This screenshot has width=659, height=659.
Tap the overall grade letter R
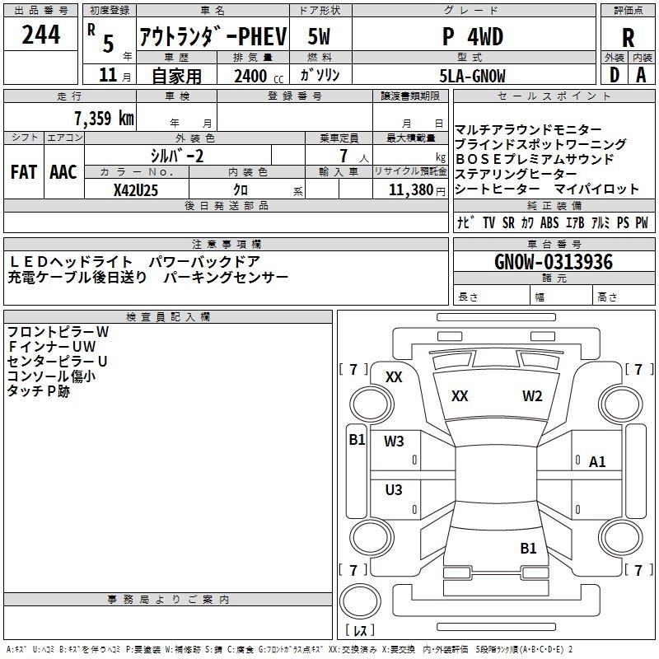[628, 38]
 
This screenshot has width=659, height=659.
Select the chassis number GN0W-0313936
[554, 263]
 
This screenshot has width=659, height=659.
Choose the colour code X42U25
[135, 190]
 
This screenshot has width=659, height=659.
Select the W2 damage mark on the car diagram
[532, 396]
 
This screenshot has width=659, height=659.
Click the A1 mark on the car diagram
[597, 462]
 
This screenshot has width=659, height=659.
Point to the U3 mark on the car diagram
[394, 490]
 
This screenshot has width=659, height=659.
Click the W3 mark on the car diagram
[394, 441]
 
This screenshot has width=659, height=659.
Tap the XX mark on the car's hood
[460, 396]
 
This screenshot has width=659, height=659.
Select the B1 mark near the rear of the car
[528, 548]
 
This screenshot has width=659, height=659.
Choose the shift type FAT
[22, 172]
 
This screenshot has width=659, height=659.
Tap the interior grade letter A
[641, 75]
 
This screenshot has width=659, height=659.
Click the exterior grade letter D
[615, 75]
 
